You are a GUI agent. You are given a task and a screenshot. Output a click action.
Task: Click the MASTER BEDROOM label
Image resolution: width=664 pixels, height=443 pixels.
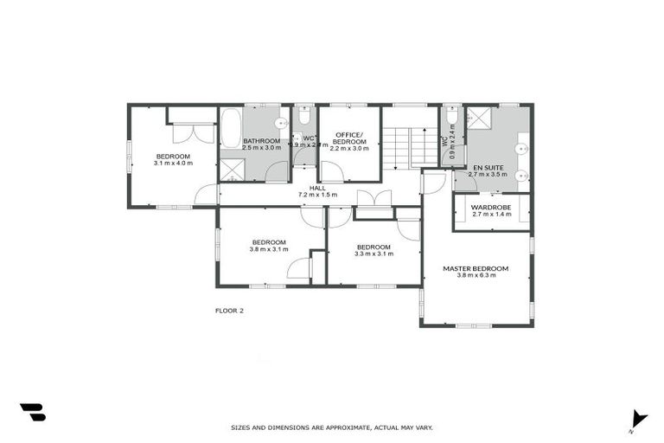(x=476, y=268)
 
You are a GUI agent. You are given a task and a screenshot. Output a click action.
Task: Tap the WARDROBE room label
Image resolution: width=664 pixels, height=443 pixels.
(x=490, y=207)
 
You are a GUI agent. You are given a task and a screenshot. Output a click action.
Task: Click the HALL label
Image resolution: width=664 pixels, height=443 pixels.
(x=318, y=188)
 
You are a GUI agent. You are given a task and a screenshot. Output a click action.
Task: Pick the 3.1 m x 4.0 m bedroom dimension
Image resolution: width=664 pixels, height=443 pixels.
(x=173, y=163)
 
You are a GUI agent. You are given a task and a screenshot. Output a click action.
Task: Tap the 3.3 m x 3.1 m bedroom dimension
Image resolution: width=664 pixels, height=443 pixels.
(x=374, y=254)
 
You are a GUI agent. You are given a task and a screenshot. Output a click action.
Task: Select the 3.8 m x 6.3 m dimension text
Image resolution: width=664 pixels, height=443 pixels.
(x=476, y=276)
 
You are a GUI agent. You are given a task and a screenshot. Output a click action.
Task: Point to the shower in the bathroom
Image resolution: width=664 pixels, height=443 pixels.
(x=231, y=170)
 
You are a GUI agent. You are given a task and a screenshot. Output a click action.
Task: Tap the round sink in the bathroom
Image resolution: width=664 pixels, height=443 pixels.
(x=281, y=122)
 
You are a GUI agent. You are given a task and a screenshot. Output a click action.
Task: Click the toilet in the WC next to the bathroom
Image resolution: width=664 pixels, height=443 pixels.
(x=304, y=116)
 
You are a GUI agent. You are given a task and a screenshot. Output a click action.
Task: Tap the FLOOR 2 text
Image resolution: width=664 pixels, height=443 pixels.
(x=229, y=310)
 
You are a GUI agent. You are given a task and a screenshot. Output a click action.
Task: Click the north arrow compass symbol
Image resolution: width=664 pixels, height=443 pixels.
(x=638, y=418)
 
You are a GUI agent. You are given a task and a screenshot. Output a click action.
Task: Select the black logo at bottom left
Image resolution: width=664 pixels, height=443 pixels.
(x=32, y=413)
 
